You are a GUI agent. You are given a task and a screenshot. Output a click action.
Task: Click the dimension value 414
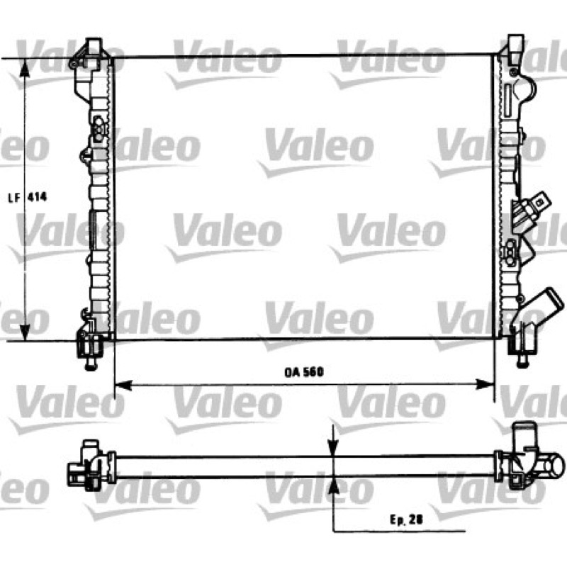pyautogui.click(x=38, y=197)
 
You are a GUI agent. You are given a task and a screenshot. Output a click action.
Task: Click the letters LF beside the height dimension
pyautogui.click(x=14, y=198)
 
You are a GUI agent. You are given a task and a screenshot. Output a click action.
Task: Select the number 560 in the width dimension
pyautogui.click(x=313, y=372)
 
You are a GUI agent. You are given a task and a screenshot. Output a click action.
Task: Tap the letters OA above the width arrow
pyautogui.click(x=291, y=373)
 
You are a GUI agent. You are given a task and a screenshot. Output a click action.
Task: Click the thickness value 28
pyautogui.click(x=416, y=520)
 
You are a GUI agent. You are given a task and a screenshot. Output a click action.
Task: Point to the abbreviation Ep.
pyautogui.click(x=398, y=520)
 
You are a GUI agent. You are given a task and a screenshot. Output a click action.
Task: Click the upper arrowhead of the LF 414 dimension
pyautogui.click(x=25, y=67)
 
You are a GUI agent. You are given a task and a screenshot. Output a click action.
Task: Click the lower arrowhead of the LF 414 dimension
pyautogui.click(x=25, y=332)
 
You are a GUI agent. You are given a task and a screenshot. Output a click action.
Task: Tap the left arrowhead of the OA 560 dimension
pyautogui.click(x=123, y=385)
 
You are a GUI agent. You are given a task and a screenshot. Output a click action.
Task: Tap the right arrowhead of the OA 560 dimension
pyautogui.click(x=485, y=384)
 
